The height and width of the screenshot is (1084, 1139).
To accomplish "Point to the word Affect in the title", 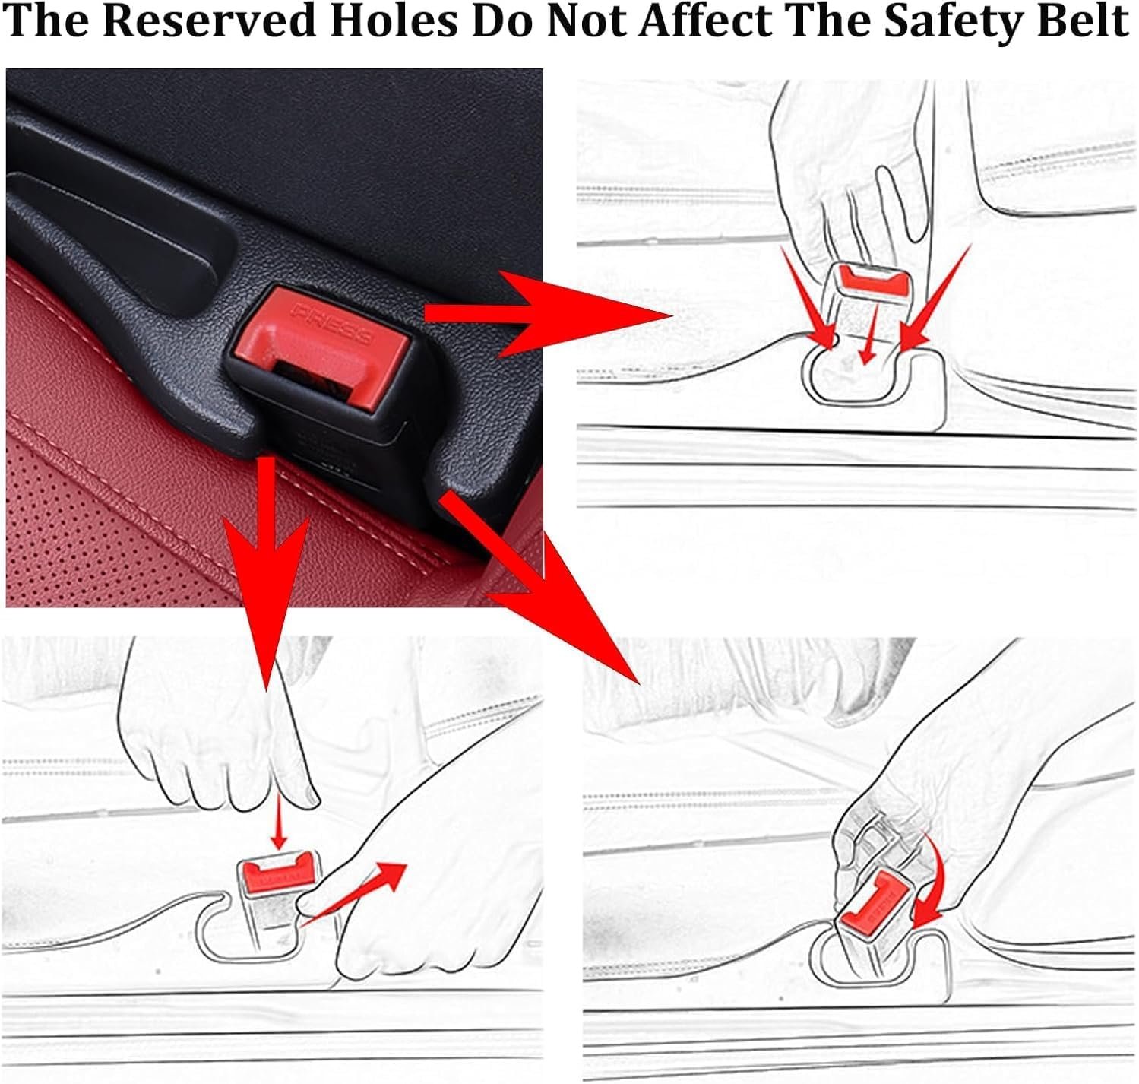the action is coord(705,22).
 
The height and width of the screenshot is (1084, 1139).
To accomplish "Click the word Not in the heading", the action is coord(586,22).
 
